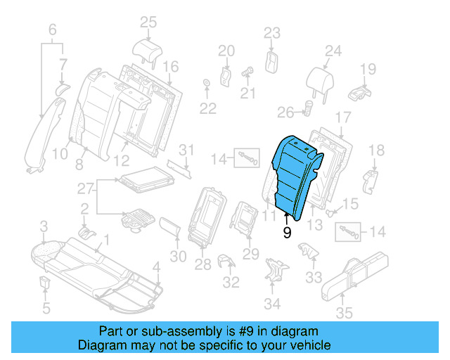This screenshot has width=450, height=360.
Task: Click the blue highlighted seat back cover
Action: coord(295,176)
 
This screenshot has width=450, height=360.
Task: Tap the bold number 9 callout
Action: coord(287,233)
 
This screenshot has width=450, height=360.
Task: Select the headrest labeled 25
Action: coord(147,51)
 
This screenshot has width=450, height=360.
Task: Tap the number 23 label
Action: coord(271,32)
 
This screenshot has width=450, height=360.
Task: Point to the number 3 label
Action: coord(43,226)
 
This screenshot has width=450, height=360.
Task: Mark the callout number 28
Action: coord(202,264)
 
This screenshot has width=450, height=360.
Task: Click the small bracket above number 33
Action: coord(307,250)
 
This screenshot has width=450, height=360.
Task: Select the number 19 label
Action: coord(368,68)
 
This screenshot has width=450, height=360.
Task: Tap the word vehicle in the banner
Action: coord(309,345)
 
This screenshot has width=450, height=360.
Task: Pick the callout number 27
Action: coord(84,188)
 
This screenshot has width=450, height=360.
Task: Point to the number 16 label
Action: coord(171,67)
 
